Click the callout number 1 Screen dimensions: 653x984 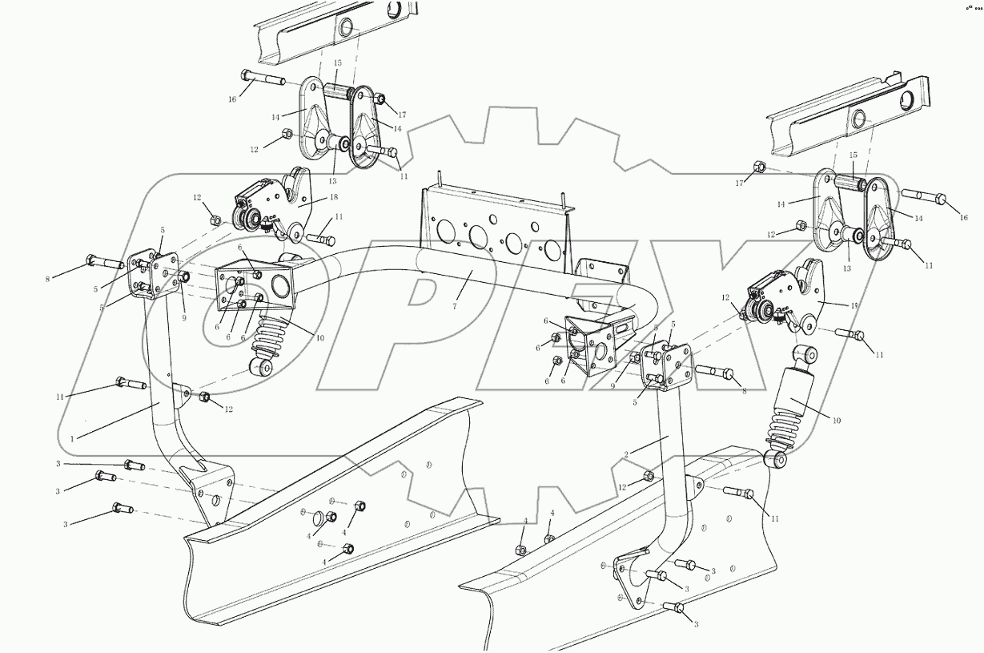pos(72,438)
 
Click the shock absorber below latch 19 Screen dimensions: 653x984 pos(790,405)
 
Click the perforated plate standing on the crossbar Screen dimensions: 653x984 pos(496,228)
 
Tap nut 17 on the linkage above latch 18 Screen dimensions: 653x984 pos(380,100)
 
